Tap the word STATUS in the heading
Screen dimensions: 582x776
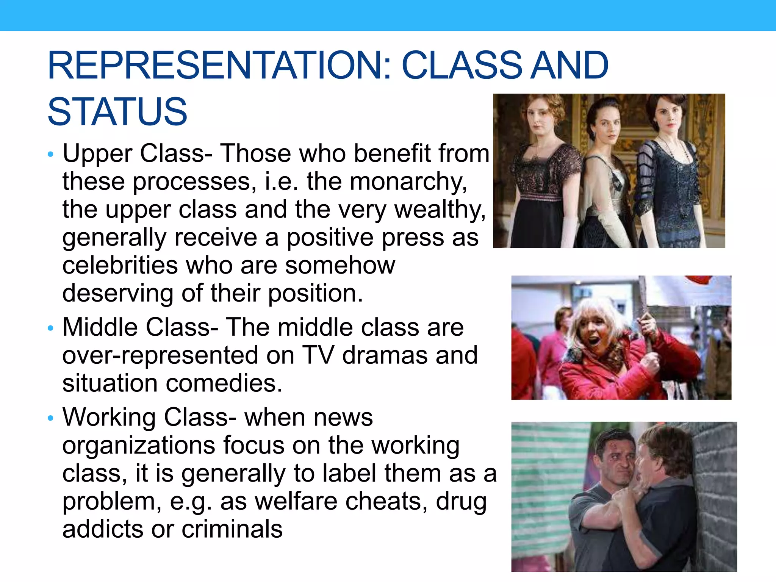tap(117, 111)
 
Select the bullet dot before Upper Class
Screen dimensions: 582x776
tap(51, 154)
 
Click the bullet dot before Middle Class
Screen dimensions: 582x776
tap(51, 328)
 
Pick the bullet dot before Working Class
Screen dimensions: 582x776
tap(51, 418)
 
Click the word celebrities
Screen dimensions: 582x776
tap(120, 265)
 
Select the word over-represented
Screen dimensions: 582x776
tap(178, 355)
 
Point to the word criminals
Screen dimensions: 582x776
tap(232, 529)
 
